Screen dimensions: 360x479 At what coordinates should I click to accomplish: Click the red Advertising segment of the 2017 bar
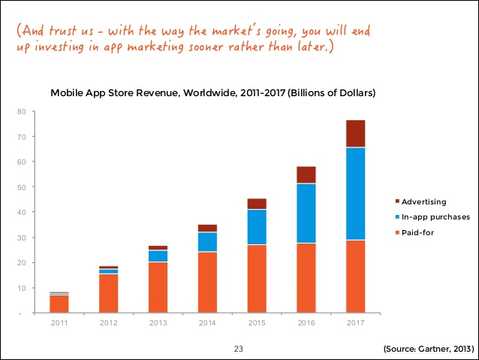(355, 134)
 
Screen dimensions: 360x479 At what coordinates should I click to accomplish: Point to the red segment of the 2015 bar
(257, 204)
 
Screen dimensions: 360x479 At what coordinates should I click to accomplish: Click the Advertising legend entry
(424, 201)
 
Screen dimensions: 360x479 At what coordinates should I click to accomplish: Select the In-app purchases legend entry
(435, 217)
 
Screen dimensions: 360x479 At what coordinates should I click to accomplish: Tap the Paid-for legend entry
(417, 233)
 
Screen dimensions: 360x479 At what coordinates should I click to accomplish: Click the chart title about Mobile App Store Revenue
(212, 94)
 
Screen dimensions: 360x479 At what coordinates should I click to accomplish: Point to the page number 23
(239, 349)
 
